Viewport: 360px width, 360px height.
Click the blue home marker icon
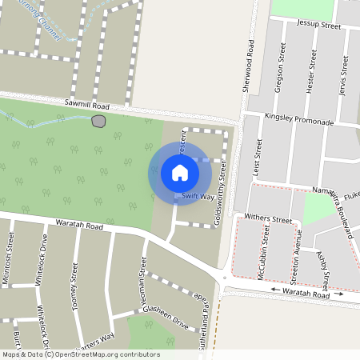(180, 173)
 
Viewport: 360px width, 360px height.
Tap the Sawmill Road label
(86, 104)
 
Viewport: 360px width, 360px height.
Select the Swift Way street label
(198, 195)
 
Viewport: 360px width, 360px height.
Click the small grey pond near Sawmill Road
(98, 121)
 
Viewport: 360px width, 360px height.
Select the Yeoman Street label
(143, 275)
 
